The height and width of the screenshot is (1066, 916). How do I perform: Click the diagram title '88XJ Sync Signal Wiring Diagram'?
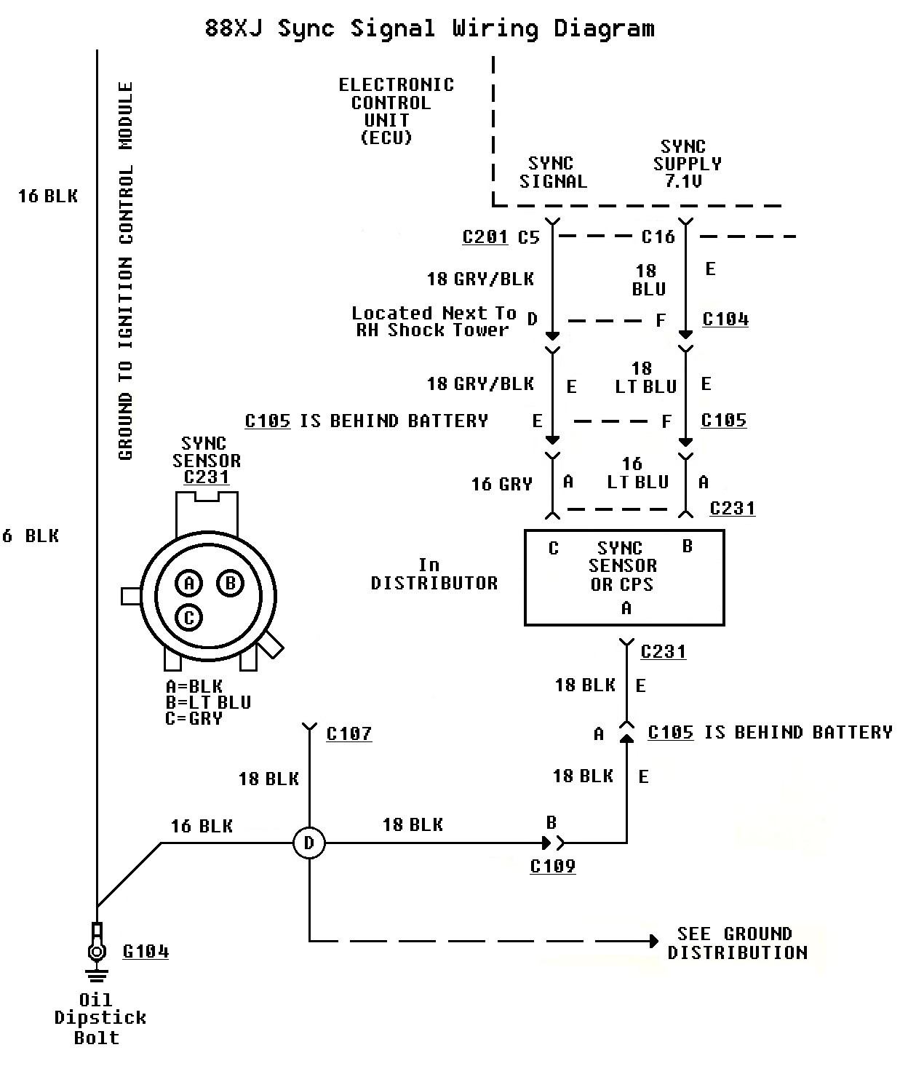(x=429, y=29)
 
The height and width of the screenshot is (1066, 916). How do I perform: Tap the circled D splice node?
(x=309, y=843)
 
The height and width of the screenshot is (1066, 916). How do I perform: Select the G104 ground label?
(x=146, y=951)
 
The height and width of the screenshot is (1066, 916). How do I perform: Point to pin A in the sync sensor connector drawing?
(x=189, y=583)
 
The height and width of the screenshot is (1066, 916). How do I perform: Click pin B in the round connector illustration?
(x=231, y=583)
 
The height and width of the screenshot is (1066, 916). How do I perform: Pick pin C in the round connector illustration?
(x=189, y=618)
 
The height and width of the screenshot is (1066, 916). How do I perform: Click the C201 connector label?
(x=485, y=236)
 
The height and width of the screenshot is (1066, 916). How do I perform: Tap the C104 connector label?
(x=725, y=319)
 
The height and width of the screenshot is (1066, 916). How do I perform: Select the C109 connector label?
(x=553, y=866)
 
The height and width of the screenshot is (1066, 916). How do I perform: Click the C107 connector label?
(x=349, y=733)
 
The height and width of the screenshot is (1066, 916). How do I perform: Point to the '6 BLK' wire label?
(x=31, y=536)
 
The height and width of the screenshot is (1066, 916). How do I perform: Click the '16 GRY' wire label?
(x=502, y=484)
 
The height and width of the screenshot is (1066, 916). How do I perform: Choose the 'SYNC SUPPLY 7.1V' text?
(x=686, y=164)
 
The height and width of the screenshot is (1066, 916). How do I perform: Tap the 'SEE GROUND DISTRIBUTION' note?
(x=737, y=943)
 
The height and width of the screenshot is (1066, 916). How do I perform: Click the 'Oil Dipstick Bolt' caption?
(x=99, y=1019)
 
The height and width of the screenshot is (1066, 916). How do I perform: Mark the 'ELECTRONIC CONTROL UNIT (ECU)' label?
(x=395, y=111)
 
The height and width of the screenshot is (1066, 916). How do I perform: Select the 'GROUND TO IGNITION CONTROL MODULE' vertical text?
(x=126, y=271)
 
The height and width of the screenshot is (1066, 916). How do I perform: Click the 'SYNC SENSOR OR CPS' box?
(x=624, y=577)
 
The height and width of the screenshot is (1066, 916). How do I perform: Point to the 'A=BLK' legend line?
(x=194, y=686)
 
